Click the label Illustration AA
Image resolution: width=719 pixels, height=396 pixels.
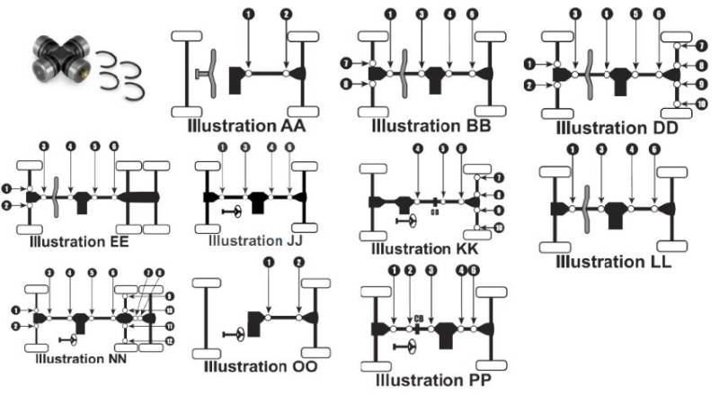point(247,125)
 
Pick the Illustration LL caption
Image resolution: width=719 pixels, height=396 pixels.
point(614,261)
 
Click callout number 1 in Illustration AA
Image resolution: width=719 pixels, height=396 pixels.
point(247,13)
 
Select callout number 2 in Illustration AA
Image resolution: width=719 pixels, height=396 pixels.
point(286,13)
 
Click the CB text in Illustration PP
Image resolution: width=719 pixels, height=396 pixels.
point(419,317)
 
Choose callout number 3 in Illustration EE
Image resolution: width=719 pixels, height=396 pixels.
point(45,147)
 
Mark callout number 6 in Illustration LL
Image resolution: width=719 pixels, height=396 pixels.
point(654,149)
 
